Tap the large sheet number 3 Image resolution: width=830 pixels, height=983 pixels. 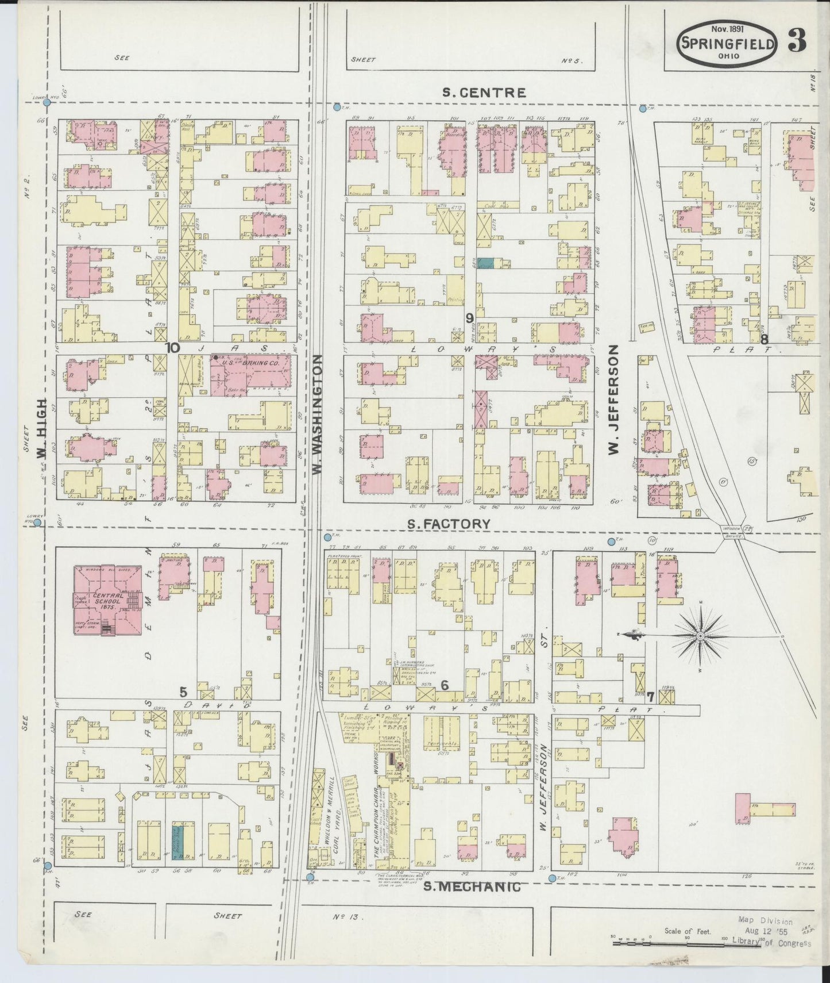coord(797,40)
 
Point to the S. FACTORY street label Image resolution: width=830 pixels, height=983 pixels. coord(449,524)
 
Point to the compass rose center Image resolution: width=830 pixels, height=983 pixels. coord(701,636)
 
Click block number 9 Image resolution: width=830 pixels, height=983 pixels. coord(469,317)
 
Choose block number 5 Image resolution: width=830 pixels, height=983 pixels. coord(183,692)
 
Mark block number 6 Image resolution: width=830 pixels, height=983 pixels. coord(444,685)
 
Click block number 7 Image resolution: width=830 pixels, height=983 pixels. coord(650,698)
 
